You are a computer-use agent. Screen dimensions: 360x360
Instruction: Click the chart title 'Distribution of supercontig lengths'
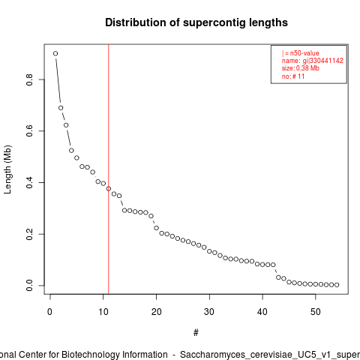(196, 22)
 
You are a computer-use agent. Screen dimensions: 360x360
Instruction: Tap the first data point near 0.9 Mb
(55, 53)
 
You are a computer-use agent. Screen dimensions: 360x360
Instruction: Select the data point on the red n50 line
(109, 189)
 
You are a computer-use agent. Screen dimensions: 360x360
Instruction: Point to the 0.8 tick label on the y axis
(29, 79)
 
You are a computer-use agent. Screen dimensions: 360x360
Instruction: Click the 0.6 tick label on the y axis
(29, 130)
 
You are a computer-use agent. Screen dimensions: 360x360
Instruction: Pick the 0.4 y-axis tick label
(29, 182)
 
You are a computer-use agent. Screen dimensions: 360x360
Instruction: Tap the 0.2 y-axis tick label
(29, 234)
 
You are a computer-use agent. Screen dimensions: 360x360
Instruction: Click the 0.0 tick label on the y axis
(29, 286)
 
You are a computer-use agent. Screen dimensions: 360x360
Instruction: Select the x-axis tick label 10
(103, 312)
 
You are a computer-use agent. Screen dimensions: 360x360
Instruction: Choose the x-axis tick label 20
(156, 312)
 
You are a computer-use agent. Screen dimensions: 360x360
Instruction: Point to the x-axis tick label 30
(209, 312)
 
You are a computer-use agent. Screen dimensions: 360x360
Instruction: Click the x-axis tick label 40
(262, 312)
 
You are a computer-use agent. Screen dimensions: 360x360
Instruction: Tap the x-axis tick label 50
(316, 312)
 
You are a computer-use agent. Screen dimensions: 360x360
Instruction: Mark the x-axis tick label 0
(50, 312)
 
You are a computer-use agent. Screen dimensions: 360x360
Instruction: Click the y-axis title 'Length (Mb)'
(7, 169)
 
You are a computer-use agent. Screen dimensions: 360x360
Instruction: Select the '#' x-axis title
(196, 333)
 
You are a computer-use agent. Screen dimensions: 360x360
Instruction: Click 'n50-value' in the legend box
(304, 53)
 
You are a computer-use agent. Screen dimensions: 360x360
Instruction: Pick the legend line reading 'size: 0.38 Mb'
(301, 68)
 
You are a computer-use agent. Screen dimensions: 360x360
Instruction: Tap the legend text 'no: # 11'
(293, 76)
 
